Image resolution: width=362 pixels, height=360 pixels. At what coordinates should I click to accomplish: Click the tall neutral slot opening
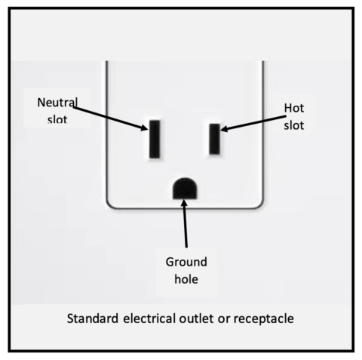pos(155,138)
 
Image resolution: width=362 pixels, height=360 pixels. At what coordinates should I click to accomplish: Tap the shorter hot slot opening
pos(215,138)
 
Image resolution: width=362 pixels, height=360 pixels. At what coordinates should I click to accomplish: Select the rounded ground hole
pos(183,189)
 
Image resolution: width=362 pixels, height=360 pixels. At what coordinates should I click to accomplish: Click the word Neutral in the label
pos(57,102)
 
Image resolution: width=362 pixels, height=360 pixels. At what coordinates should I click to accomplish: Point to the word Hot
pos(294,109)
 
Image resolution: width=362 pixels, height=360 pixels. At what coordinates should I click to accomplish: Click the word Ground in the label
pos(186,263)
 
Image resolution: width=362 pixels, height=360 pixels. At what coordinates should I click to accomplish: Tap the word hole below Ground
pos(186,280)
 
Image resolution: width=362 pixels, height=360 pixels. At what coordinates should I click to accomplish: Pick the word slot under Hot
pos(294,125)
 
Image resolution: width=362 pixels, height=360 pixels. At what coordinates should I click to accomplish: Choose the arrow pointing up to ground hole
pos(185,226)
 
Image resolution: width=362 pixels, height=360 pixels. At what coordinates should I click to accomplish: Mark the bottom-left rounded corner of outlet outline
pos(110,203)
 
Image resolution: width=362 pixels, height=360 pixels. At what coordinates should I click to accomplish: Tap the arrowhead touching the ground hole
pos(184,205)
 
